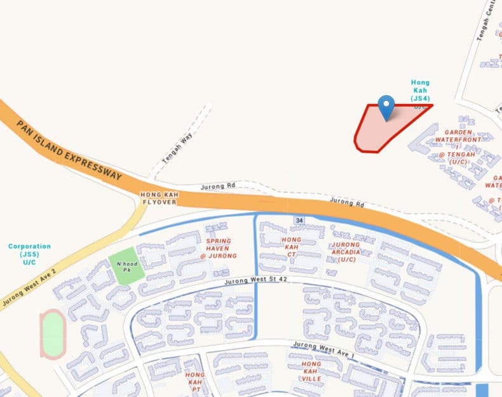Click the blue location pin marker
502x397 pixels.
[386, 107]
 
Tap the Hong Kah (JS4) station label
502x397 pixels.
[420, 90]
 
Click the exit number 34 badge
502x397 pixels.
[298, 219]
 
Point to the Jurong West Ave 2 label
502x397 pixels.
[29, 288]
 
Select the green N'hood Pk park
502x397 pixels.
[122, 262]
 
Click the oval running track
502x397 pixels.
[53, 334]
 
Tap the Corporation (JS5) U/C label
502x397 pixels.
[29, 254]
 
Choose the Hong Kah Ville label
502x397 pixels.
[311, 371]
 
